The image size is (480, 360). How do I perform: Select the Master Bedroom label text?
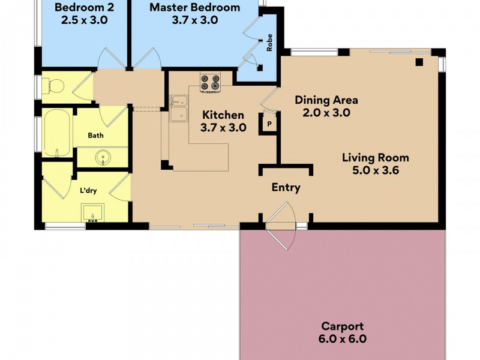[194, 8]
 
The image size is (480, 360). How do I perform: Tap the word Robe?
[270, 45]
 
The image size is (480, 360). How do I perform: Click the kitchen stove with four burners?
[211, 82]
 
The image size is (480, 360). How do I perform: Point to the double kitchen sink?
[178, 109]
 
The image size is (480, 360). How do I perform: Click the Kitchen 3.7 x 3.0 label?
[223, 121]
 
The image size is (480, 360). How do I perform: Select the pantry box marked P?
[269, 124]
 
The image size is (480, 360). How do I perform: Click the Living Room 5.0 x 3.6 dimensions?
[376, 170]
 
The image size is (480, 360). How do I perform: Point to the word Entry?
[286, 188]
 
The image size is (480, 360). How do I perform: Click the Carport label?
[342, 326]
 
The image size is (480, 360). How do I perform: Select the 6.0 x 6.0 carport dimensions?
[342, 339]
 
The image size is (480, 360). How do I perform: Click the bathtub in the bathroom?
[57, 133]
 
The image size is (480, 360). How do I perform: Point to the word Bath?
[96, 136]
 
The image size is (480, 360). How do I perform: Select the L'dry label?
[89, 191]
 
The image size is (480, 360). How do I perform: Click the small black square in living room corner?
[419, 61]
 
